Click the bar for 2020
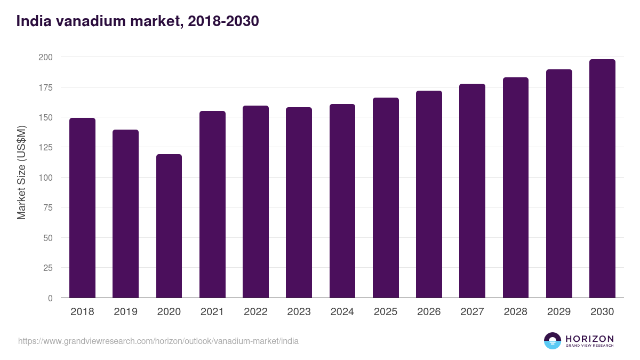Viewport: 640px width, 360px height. (169, 226)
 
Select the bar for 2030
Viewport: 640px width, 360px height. (602, 179)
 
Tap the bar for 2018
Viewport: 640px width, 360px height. (82, 208)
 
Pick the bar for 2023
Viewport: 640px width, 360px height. (299, 203)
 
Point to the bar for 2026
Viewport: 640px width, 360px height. (429, 194)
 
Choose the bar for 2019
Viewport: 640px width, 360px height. (126, 214)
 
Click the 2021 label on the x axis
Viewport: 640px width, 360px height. (212, 312)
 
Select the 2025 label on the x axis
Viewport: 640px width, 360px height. (386, 312)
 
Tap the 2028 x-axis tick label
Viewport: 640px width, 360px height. (515, 312)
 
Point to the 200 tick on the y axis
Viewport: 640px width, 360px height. (46, 57)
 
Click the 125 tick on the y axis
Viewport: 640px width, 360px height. (46, 147)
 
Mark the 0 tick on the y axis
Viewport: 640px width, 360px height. (50, 298)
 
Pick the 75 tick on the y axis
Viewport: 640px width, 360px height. (48, 207)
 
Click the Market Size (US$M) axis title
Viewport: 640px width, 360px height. (21, 172)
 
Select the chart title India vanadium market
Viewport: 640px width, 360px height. (138, 21)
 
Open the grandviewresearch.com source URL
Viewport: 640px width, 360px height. (158, 341)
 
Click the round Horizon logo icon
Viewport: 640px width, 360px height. (553, 341)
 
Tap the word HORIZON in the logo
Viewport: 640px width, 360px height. (589, 338)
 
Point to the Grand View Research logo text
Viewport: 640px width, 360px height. (589, 346)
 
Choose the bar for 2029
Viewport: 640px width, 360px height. (559, 183)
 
